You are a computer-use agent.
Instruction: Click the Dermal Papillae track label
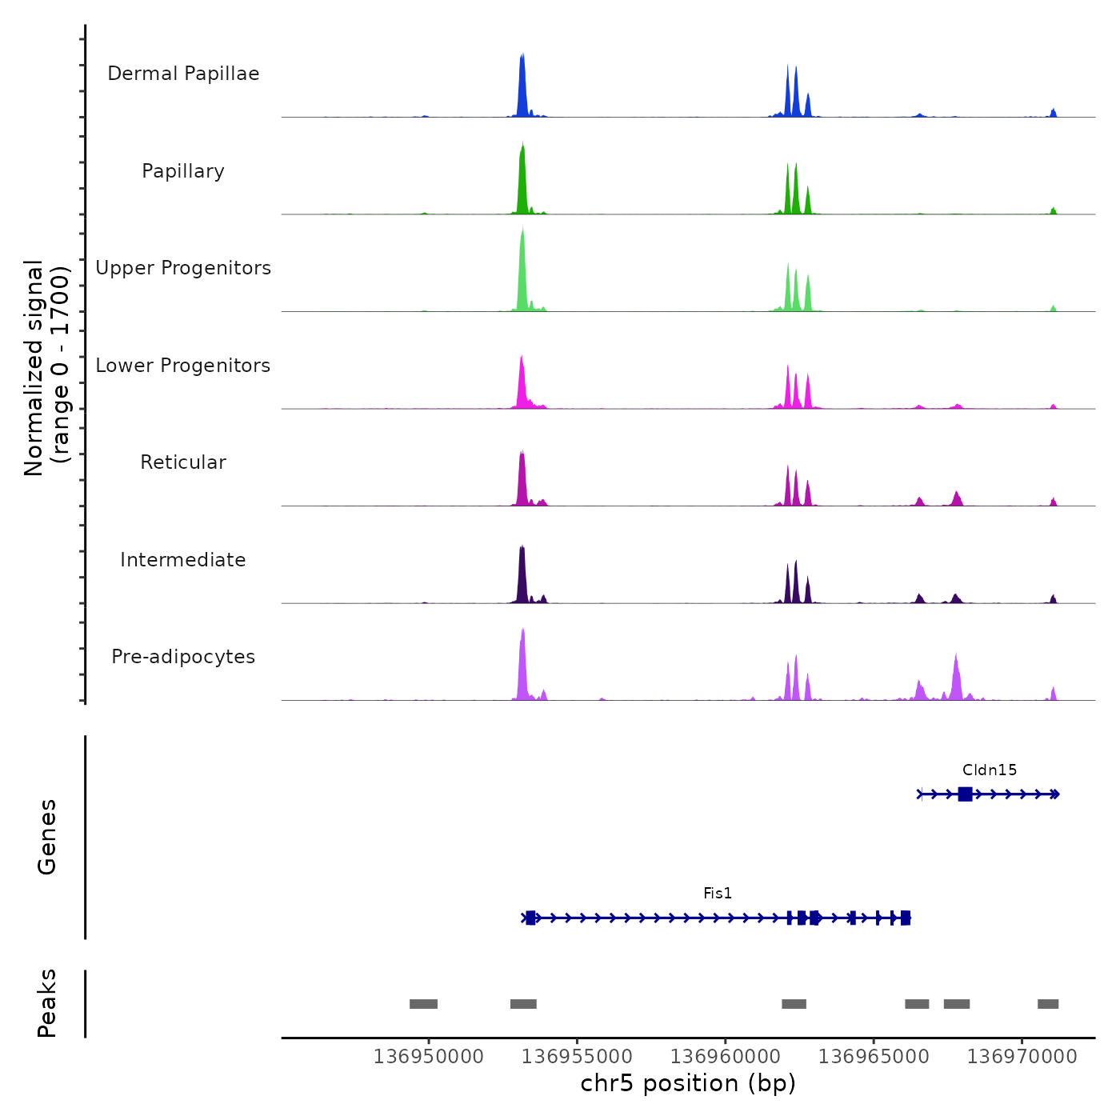(183, 74)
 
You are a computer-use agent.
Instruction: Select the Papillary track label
(183, 171)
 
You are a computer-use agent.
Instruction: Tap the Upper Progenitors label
(183, 268)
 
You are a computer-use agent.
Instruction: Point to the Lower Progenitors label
(183, 366)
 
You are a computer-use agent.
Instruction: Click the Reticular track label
(183, 462)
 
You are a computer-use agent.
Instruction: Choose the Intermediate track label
(183, 560)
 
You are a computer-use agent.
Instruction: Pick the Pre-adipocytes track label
(183, 657)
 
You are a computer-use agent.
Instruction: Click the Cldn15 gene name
(990, 770)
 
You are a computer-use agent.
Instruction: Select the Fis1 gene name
(718, 894)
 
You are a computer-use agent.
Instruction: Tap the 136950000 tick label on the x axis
(429, 1057)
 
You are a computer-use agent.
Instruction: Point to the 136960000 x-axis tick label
(726, 1057)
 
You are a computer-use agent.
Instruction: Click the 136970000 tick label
(1022, 1057)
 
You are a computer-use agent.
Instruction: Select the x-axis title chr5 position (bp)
(688, 1083)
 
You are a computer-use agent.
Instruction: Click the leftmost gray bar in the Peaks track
(423, 1004)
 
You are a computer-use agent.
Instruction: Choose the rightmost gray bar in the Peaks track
(1048, 1004)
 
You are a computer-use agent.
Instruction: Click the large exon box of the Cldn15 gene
(965, 794)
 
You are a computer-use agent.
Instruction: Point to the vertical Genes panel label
(47, 837)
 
